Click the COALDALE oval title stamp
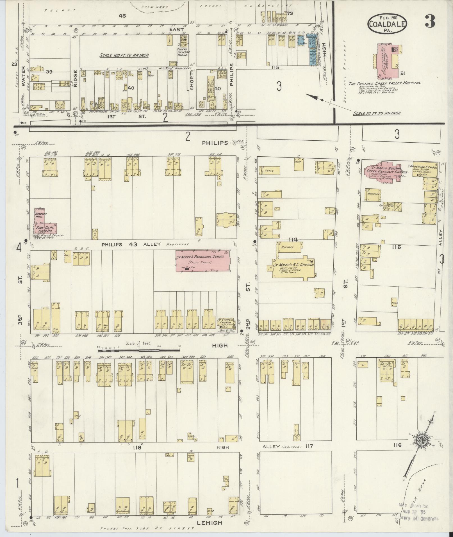click(x=387, y=24)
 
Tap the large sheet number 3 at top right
click(x=430, y=21)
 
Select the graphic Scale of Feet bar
click(x=139, y=351)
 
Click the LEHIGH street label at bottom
click(x=210, y=523)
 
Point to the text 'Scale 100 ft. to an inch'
click(x=124, y=55)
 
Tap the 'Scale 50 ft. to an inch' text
click(x=377, y=113)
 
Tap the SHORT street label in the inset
click(x=192, y=84)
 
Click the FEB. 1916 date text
click(x=387, y=17)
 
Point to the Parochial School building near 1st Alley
click(x=425, y=170)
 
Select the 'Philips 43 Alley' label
click(x=131, y=244)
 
